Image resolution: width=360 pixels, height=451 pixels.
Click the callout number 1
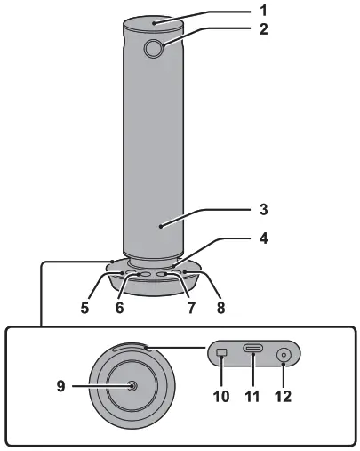click(263, 11)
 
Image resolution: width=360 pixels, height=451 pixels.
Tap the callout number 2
click(263, 29)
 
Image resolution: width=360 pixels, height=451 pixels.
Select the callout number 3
click(263, 209)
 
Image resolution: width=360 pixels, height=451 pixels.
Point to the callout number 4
click(263, 238)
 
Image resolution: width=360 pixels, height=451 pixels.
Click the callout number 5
click(84, 308)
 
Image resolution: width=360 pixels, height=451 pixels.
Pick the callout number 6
click(119, 308)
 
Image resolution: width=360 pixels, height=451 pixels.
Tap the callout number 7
click(191, 308)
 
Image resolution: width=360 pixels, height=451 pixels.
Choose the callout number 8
click(220, 308)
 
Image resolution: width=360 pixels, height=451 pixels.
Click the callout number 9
click(60, 386)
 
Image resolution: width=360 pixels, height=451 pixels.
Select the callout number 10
click(221, 396)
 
